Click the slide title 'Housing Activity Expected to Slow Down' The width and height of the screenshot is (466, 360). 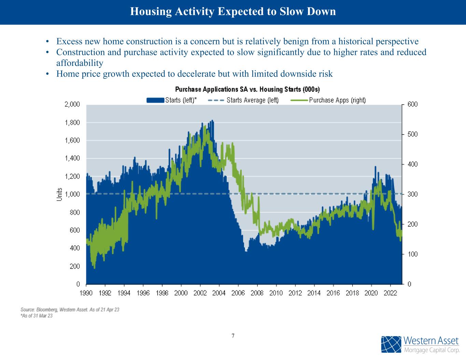233,12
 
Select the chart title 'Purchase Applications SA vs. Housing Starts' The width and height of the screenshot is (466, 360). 247,89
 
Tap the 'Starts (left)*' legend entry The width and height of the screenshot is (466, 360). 172,100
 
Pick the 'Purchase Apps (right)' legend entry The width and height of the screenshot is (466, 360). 328,100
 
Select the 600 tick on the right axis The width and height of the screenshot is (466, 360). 413,104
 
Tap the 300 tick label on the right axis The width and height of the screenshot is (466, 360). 413,194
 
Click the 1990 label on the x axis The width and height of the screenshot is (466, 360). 86,293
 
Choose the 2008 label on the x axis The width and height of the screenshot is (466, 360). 257,293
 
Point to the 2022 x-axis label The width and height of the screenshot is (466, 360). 390,293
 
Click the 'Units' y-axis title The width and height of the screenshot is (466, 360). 59,195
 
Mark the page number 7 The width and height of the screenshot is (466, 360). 233,336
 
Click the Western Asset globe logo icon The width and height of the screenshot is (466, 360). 391,345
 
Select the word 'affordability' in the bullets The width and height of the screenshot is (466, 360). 80,63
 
